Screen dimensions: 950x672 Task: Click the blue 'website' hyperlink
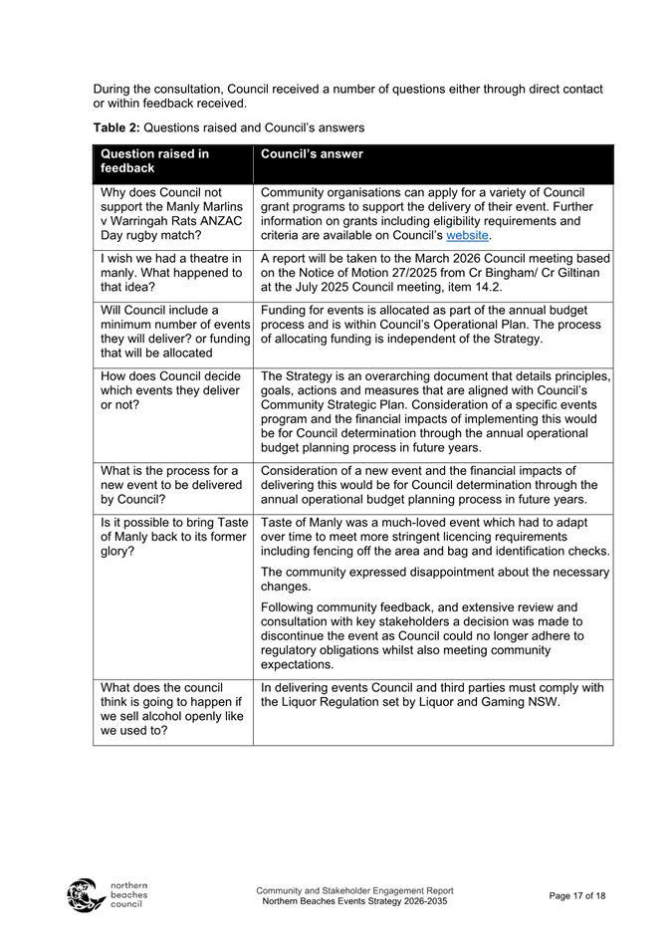(x=468, y=236)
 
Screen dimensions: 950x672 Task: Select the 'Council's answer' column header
(x=312, y=154)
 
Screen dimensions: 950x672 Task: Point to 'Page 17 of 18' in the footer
(x=576, y=896)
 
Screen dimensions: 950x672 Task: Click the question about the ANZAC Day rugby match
(x=170, y=214)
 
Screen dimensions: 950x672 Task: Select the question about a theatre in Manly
(x=170, y=273)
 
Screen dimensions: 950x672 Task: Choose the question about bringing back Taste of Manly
(x=170, y=536)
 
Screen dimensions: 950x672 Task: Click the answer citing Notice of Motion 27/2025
(x=434, y=273)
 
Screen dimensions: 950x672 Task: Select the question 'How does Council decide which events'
(x=170, y=390)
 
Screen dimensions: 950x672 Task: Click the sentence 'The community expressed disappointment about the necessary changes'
(x=434, y=579)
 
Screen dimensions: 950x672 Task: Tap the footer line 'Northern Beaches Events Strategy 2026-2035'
(x=354, y=901)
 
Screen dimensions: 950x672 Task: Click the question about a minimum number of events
(x=170, y=332)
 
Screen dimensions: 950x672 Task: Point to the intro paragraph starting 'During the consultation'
(x=347, y=96)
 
